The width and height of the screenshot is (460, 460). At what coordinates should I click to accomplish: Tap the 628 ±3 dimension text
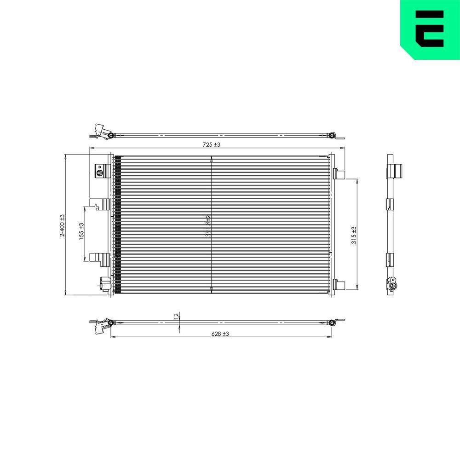click(220, 334)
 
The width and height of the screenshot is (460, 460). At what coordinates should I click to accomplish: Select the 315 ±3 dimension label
click(354, 235)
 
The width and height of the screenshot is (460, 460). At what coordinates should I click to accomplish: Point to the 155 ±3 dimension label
click(81, 232)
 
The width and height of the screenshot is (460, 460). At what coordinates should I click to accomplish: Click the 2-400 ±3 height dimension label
click(62, 225)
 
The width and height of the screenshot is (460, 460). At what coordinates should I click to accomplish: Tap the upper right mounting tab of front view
click(339, 173)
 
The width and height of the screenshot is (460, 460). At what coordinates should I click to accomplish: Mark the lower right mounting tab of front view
click(339, 285)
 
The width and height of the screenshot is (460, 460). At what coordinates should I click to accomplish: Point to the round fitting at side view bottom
click(392, 285)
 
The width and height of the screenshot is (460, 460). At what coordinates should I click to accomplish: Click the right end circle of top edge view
click(332, 135)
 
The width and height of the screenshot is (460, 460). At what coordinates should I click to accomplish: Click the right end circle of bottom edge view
click(332, 322)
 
